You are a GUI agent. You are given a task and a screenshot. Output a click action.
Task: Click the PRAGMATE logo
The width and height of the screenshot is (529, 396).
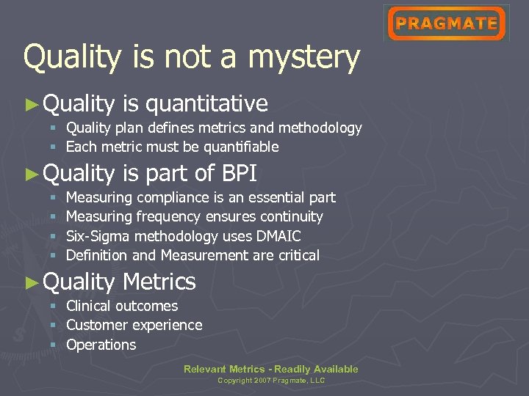pos(446,23)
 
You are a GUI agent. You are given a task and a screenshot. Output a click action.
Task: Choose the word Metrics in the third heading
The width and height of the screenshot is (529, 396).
pos(159,282)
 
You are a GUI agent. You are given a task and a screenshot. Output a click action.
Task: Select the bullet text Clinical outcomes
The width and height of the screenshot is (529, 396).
pos(122,306)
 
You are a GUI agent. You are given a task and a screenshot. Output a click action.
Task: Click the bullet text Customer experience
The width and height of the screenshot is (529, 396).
pos(134,325)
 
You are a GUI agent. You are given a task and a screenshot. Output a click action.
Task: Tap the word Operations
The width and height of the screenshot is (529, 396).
pos(101,345)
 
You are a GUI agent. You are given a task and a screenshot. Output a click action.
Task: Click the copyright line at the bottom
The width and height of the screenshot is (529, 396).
pos(271,381)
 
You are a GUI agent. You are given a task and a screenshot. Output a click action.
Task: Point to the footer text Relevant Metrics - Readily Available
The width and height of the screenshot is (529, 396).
pos(271,369)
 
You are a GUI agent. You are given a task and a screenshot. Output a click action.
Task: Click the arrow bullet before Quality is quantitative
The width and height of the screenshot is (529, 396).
pos(31,104)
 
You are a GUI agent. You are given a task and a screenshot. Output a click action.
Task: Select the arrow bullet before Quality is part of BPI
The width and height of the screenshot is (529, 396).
pos(31,174)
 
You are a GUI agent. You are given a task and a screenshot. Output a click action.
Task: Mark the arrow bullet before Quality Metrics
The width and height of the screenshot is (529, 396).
pos(31,282)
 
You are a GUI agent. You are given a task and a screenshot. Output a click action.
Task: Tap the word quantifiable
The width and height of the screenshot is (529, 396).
pos(241,147)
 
